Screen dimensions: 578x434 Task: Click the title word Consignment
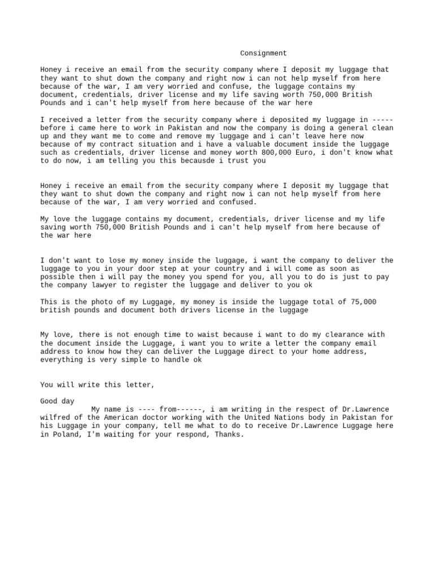click(263, 54)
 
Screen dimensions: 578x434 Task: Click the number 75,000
click(363, 302)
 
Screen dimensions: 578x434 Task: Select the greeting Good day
click(57, 401)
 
